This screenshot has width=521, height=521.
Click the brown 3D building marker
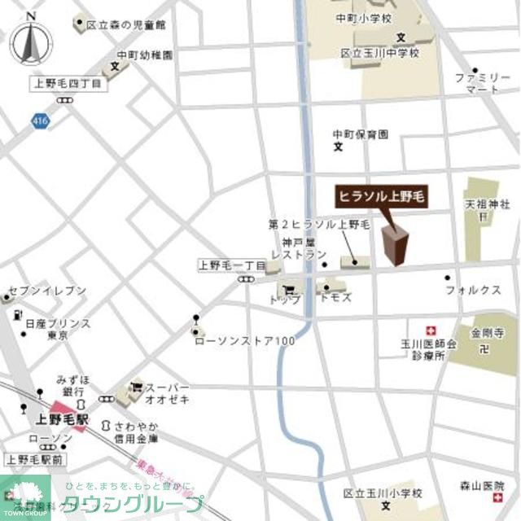395,244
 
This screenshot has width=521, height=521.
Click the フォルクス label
472,289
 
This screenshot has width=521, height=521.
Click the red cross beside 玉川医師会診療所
432,329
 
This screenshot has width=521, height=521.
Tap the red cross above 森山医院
495,472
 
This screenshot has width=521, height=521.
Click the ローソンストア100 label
244,340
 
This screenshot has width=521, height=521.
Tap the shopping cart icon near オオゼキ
136,387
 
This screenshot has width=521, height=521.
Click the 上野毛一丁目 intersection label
231,265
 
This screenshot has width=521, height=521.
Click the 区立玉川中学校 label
380,53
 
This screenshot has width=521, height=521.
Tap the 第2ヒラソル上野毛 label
319,223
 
